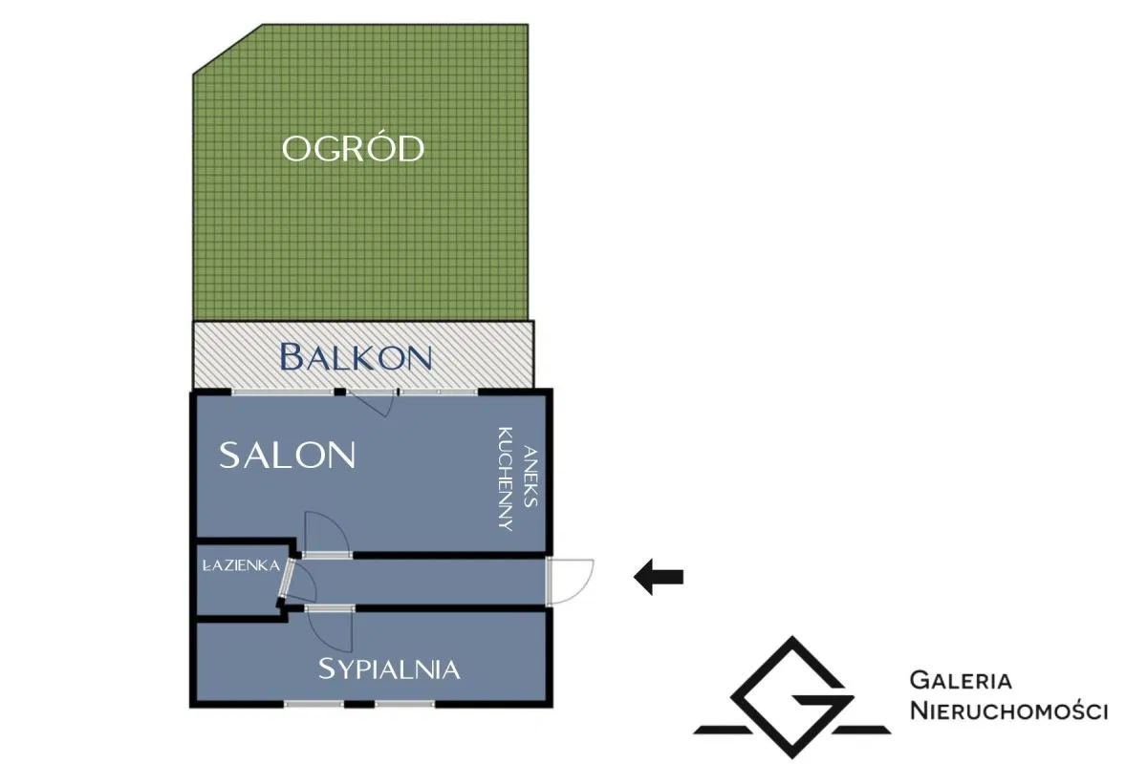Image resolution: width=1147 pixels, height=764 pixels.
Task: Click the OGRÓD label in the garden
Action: click(x=353, y=149)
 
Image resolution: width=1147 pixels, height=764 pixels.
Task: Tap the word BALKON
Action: click(x=356, y=357)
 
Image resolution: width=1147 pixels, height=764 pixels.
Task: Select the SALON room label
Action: click(x=287, y=456)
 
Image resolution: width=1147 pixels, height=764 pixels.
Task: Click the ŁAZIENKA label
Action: click(x=241, y=565)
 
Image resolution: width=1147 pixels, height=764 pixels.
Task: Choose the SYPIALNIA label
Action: click(x=389, y=668)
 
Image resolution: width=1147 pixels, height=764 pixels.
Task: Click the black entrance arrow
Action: click(x=659, y=577)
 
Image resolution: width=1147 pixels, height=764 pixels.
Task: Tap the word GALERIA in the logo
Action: click(x=961, y=681)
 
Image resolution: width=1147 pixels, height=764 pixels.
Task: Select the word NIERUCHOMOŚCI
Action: click(x=1008, y=711)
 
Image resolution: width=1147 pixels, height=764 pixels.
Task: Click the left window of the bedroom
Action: click(x=314, y=705)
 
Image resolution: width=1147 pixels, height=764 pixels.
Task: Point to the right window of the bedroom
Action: click(x=405, y=705)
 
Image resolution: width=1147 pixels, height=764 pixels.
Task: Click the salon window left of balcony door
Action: click(x=282, y=392)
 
